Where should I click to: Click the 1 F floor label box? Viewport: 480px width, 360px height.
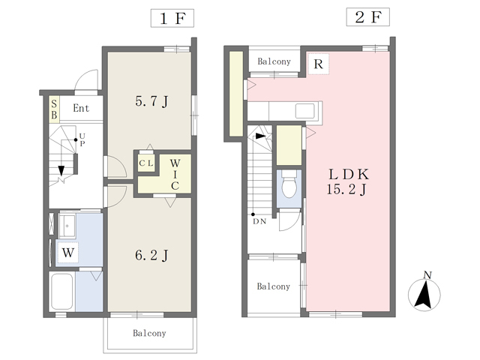pyautogui.click(x=172, y=18)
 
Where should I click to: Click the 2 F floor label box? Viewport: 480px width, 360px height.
pyautogui.click(x=368, y=17)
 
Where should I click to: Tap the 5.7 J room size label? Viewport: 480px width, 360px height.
pyautogui.click(x=151, y=101)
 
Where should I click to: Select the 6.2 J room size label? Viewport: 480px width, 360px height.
pyautogui.click(x=151, y=255)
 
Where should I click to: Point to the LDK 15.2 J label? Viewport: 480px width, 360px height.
pyautogui.click(x=347, y=181)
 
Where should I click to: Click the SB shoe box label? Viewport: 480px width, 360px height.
pyautogui.click(x=54, y=109)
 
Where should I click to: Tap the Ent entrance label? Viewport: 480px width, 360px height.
pyautogui.click(x=81, y=108)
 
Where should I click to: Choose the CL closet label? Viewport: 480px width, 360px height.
pyautogui.click(x=146, y=163)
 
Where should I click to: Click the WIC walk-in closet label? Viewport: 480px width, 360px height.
pyautogui.click(x=175, y=174)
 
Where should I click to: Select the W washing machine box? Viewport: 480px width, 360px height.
pyautogui.click(x=68, y=253)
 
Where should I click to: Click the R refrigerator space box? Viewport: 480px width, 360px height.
pyautogui.click(x=318, y=64)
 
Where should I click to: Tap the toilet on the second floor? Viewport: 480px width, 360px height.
pyautogui.click(x=289, y=184)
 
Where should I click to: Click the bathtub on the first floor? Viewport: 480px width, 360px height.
pyautogui.click(x=61, y=292)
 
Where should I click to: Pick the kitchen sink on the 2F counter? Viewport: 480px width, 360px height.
pyautogui.click(x=305, y=111)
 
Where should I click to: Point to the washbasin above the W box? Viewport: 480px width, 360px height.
pyautogui.click(x=67, y=226)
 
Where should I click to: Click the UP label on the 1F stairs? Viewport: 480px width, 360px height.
pyautogui.click(x=82, y=139)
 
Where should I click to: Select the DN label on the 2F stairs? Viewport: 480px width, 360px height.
pyautogui.click(x=259, y=221)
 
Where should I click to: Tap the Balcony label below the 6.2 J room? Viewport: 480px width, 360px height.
pyautogui.click(x=149, y=333)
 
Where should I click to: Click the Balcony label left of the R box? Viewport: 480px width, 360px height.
pyautogui.click(x=274, y=61)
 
